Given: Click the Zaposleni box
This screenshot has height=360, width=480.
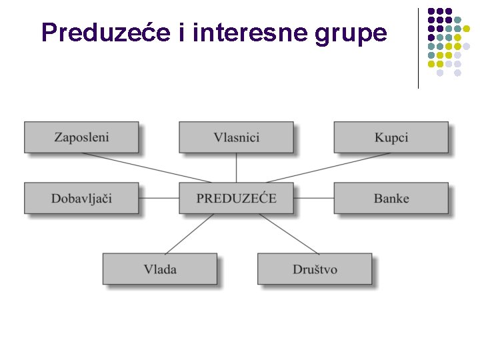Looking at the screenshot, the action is click(81, 137).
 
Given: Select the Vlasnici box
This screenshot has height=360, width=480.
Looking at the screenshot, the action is click(236, 137).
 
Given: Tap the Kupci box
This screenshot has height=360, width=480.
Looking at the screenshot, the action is click(391, 137).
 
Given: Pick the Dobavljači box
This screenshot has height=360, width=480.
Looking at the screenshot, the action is click(81, 198).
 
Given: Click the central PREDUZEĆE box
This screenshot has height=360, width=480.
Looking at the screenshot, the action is click(236, 198).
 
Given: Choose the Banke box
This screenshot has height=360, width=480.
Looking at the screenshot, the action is click(391, 198).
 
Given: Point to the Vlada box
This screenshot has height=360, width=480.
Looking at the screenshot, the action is click(159, 269).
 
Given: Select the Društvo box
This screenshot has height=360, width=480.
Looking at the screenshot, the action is click(315, 269).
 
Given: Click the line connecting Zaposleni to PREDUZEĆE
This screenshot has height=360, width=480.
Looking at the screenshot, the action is click(147, 167).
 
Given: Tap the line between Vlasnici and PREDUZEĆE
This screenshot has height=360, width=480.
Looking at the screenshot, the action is click(237, 167).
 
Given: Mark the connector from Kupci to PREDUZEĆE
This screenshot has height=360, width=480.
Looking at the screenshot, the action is click(327, 167).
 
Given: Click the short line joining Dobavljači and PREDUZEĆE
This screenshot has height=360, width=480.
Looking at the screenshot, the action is click(159, 198).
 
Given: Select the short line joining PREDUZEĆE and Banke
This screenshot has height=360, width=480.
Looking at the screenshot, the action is click(313, 198).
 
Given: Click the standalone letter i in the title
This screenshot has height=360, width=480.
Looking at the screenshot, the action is click(182, 32).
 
